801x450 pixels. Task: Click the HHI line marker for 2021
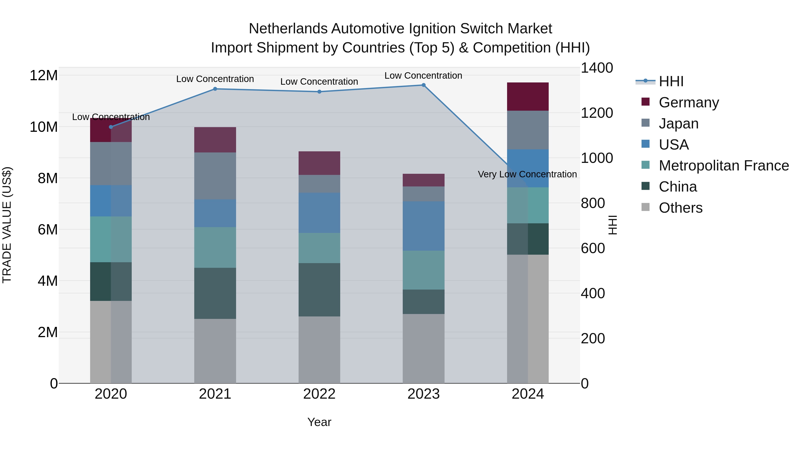pos(215,89)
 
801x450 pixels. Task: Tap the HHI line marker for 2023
pos(423,85)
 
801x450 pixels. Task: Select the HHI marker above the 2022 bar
pos(319,92)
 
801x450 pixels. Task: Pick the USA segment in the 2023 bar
pos(423,226)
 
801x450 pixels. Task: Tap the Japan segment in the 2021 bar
pos(215,176)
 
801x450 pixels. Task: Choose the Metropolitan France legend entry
pos(724,166)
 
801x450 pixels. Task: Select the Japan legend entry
pos(678,124)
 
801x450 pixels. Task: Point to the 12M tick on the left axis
pos(44,76)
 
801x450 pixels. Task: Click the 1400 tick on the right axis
pos(596,68)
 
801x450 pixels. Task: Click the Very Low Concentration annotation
pos(527,174)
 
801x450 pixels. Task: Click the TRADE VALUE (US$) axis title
pos(7,225)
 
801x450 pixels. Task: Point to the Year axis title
pos(319,422)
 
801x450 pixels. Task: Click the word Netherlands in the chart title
pos(288,29)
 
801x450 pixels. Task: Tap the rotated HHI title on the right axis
pos(612,225)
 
